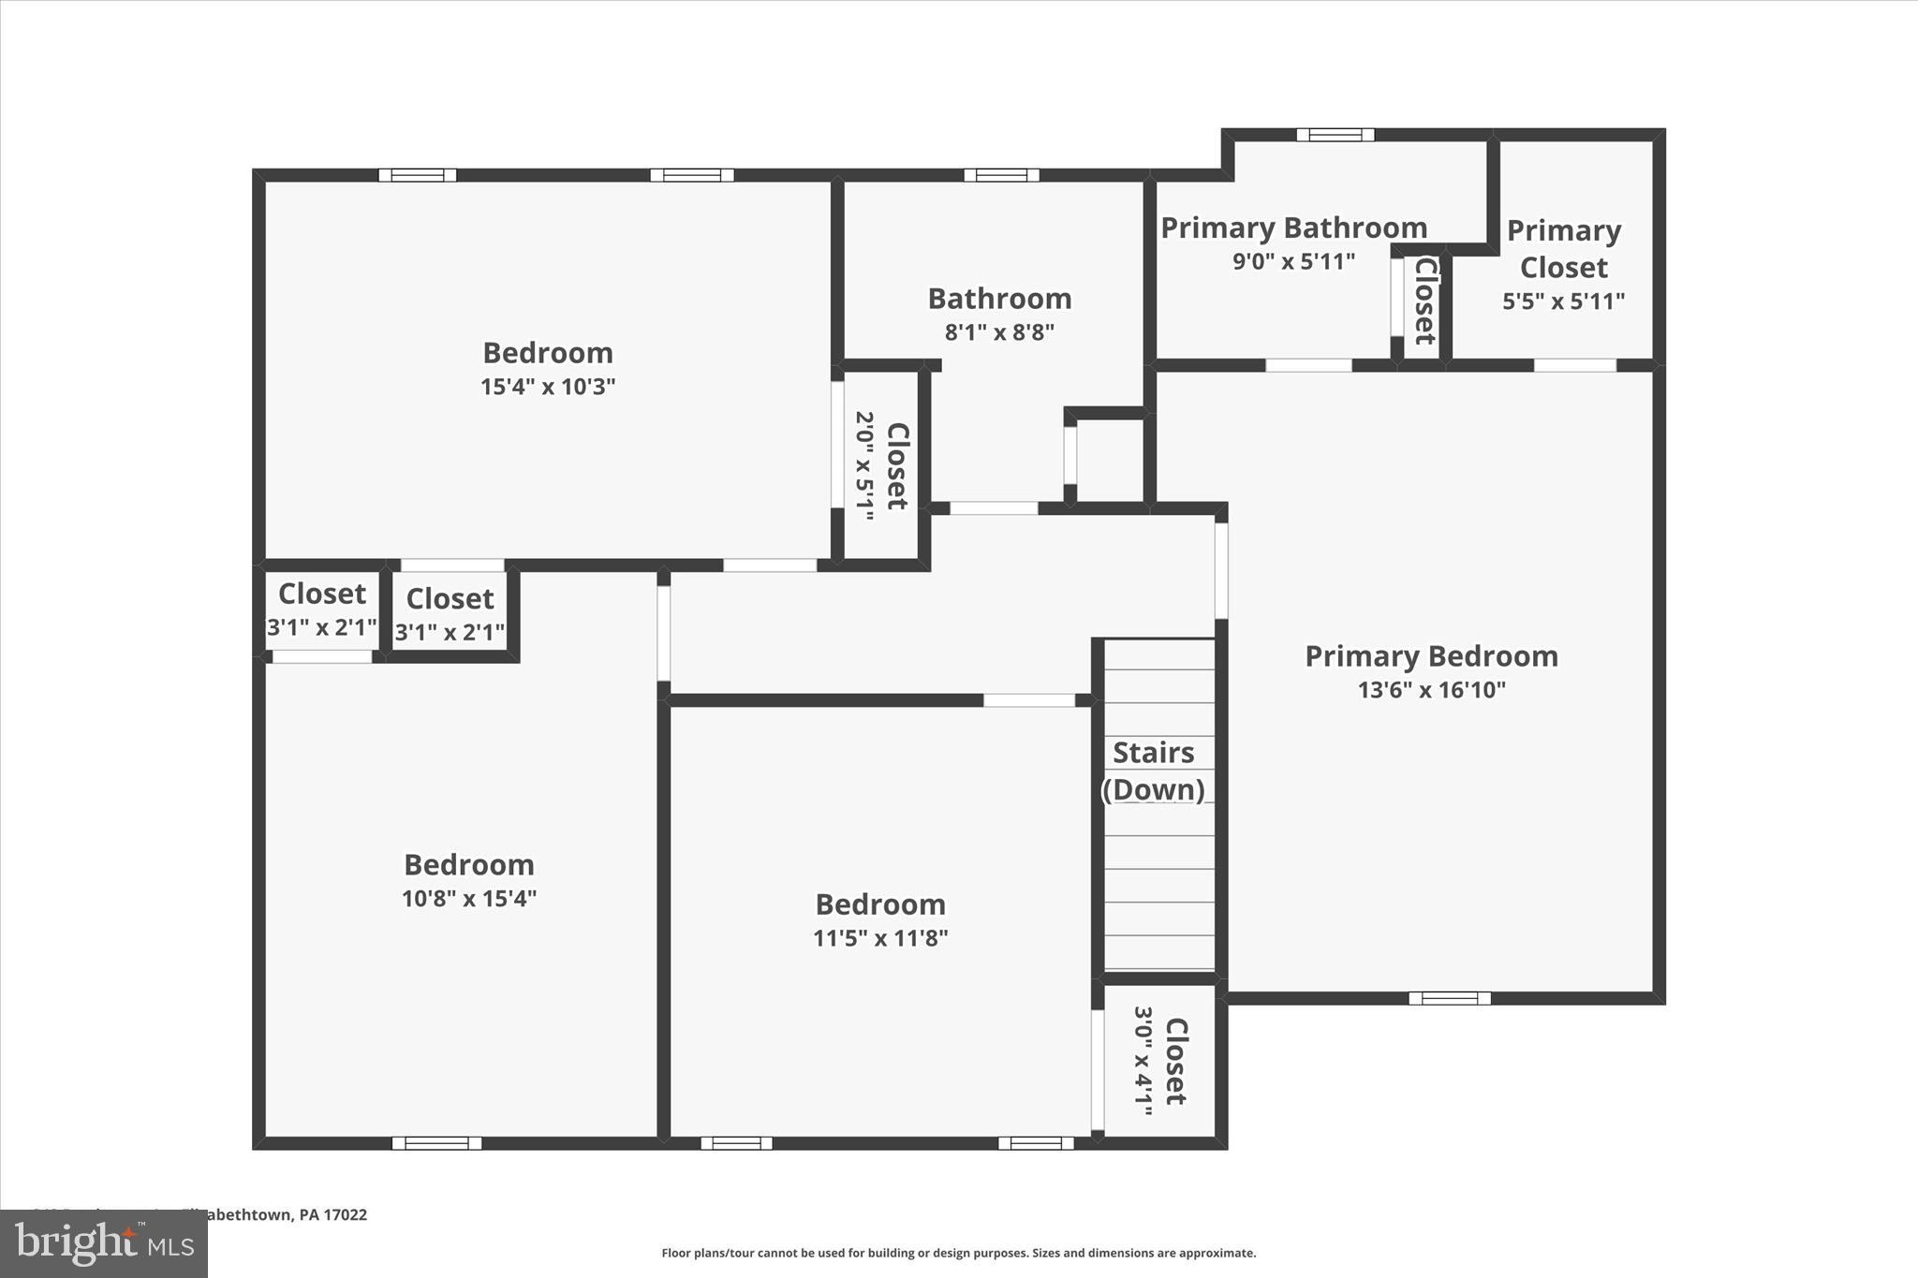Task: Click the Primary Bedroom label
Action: pyautogui.click(x=1431, y=656)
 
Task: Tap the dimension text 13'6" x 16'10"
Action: pyautogui.click(x=1431, y=690)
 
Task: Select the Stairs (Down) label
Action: pyautogui.click(x=1153, y=771)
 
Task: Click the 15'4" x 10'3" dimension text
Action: pyautogui.click(x=548, y=387)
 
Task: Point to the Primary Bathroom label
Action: pyautogui.click(x=1293, y=228)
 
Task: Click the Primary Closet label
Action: pyautogui.click(x=1563, y=249)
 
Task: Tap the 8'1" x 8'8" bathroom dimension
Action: pyautogui.click(x=999, y=332)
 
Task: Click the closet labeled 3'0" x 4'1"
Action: pyautogui.click(x=1160, y=1061)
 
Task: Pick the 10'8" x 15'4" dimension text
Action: pyautogui.click(x=468, y=899)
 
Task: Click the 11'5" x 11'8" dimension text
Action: pyautogui.click(x=880, y=938)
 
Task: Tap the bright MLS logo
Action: pyautogui.click(x=104, y=1244)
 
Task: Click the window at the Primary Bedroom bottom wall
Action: pyautogui.click(x=1449, y=998)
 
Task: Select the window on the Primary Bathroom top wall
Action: pyautogui.click(x=1335, y=135)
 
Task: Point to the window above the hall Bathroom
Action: pyautogui.click(x=1001, y=175)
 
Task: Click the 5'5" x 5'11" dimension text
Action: pyautogui.click(x=1563, y=301)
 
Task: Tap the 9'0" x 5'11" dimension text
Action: pyautogui.click(x=1293, y=261)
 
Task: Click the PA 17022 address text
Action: pyautogui.click(x=332, y=1215)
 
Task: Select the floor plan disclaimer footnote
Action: pyautogui.click(x=958, y=1253)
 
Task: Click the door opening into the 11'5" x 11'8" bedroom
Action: pyautogui.click(x=1028, y=700)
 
